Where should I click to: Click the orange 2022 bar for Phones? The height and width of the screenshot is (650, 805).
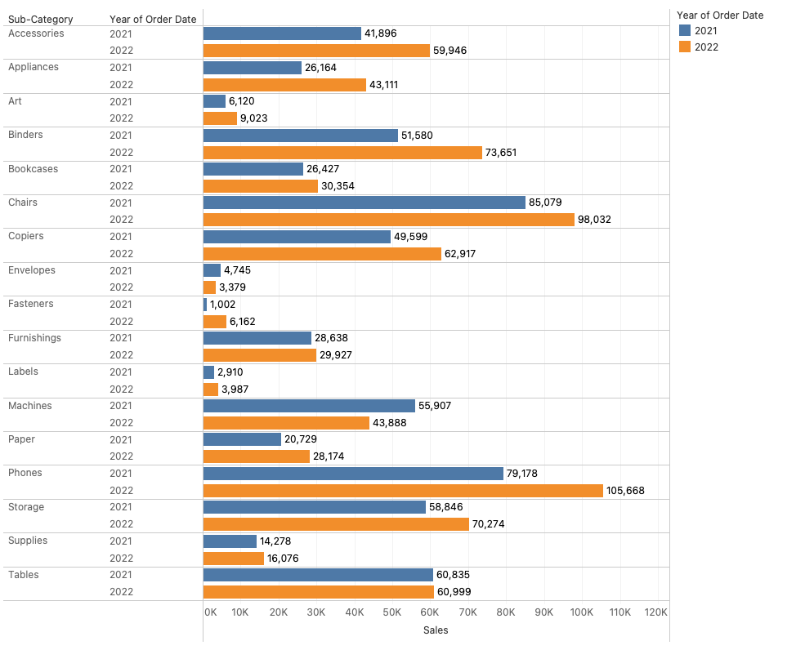pyautogui.click(x=403, y=490)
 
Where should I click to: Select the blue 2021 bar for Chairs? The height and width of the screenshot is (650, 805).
pyautogui.click(x=364, y=203)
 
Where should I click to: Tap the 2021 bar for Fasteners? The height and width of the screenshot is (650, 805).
pyautogui.click(x=205, y=304)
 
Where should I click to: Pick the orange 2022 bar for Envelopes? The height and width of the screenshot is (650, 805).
pyautogui.click(x=209, y=287)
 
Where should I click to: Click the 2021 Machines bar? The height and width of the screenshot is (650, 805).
pyautogui.click(x=309, y=406)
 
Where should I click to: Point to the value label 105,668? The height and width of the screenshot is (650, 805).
pyautogui.click(x=625, y=491)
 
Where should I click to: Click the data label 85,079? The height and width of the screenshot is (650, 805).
pyautogui.click(x=545, y=203)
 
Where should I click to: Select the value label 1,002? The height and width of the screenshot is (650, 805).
pyautogui.click(x=222, y=305)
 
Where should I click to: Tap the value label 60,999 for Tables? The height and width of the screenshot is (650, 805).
pyautogui.click(x=454, y=592)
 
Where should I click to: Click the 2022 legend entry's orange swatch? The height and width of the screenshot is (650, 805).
pyautogui.click(x=685, y=47)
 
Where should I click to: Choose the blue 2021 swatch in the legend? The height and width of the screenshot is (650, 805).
pyautogui.click(x=685, y=31)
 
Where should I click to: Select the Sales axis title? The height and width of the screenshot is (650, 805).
pyautogui.click(x=436, y=630)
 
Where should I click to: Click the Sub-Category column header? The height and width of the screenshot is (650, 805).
pyautogui.click(x=40, y=19)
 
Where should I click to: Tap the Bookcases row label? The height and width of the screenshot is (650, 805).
pyautogui.click(x=33, y=169)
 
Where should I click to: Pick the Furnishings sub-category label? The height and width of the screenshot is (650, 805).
pyautogui.click(x=34, y=338)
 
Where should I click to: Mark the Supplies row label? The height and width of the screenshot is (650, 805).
pyautogui.click(x=28, y=541)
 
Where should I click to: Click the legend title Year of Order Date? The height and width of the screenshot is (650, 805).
pyautogui.click(x=720, y=15)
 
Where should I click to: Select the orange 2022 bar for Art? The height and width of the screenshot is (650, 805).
pyautogui.click(x=220, y=118)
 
